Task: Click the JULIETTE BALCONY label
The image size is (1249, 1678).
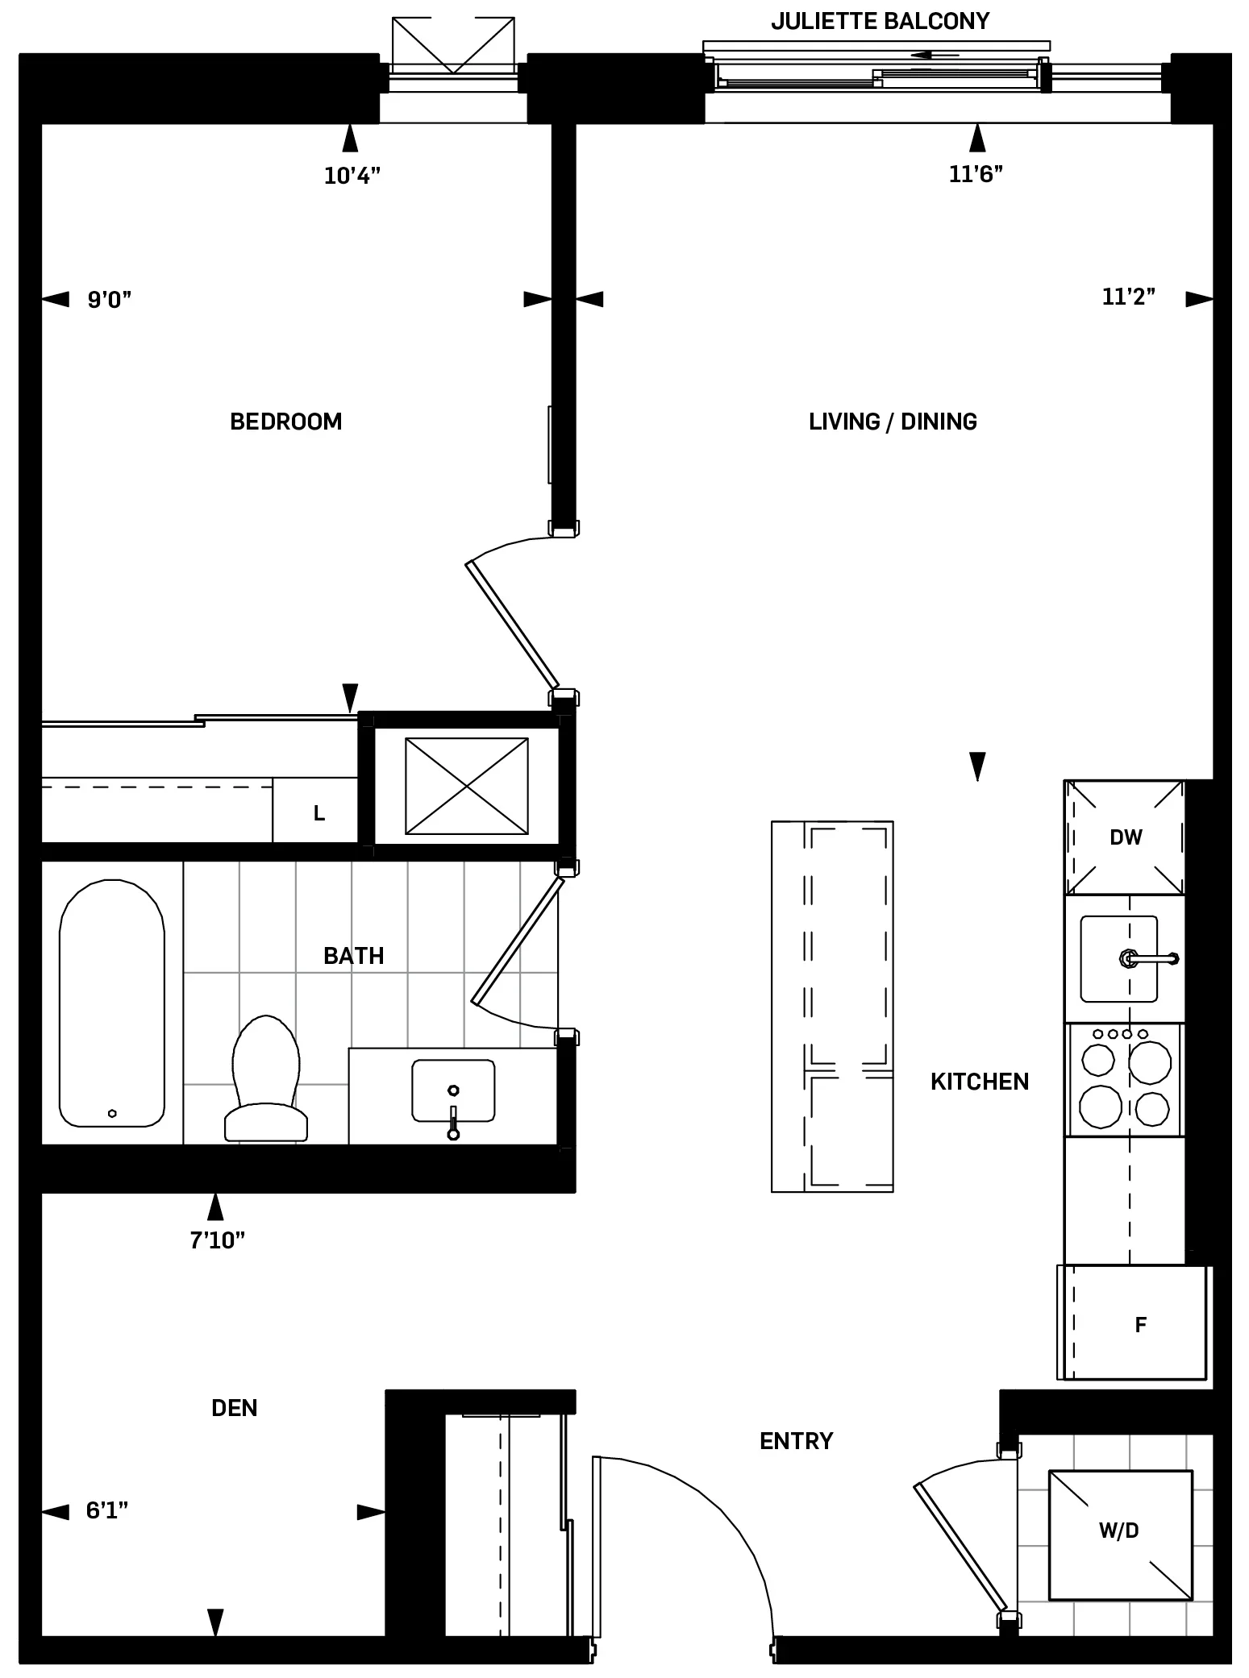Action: point(880,21)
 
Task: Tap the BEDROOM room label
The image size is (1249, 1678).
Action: point(285,422)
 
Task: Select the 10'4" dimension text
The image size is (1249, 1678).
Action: point(352,176)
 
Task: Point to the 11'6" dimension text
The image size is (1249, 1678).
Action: point(976,174)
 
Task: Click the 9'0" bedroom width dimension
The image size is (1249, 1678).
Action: point(109,300)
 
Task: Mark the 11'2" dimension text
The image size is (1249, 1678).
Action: point(1128,297)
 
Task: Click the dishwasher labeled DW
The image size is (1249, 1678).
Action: point(1125,837)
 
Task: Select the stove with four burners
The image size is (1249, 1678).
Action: point(1124,1080)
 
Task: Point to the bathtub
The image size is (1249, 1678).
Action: point(112,1003)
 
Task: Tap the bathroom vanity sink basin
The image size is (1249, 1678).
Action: point(452,1090)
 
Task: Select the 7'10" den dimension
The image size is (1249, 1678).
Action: point(217,1240)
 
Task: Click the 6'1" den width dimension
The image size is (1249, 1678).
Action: point(107,1510)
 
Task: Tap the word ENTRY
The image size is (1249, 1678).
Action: point(796,1441)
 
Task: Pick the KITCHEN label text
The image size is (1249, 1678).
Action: point(979,1082)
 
